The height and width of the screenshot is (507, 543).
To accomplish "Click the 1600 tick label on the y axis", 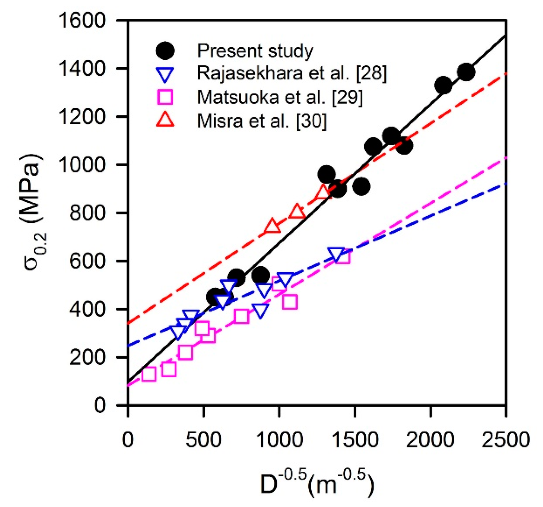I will (x=82, y=21).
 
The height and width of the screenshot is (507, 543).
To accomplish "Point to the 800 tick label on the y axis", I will (x=87, y=213).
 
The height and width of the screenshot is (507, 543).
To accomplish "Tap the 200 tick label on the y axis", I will (x=87, y=357).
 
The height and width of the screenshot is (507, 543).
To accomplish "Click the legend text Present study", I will (x=255, y=51).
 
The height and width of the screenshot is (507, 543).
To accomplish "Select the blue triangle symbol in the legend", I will (x=165, y=74).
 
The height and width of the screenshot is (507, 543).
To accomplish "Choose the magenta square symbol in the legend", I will (x=165, y=97).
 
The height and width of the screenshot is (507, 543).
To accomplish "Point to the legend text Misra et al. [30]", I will (x=262, y=121).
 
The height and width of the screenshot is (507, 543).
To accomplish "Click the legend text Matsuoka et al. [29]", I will (x=280, y=97).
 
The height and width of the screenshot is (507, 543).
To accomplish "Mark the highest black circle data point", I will (x=466, y=71).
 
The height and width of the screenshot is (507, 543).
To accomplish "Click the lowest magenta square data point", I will (x=149, y=374).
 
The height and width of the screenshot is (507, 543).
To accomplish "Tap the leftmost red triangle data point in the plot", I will (x=272, y=226).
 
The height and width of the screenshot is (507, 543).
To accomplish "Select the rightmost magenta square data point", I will (x=342, y=257).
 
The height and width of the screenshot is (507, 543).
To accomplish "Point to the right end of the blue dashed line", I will (x=506, y=184).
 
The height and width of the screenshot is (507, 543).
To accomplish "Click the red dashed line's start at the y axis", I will (x=128, y=324).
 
